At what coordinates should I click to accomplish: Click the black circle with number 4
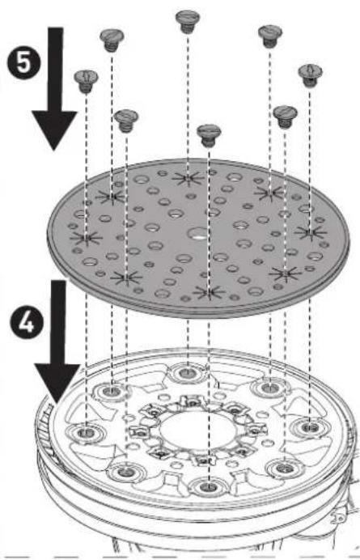26,323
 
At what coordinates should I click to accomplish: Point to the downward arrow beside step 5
55,88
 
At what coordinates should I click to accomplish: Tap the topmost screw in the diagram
188,21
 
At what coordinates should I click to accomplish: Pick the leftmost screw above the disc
86,82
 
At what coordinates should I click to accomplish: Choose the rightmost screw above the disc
311,75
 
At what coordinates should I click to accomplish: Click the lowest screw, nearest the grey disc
209,135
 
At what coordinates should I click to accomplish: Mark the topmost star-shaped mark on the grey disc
188,177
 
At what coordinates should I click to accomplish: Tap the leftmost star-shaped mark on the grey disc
86,237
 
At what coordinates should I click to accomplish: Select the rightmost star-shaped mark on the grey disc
311,233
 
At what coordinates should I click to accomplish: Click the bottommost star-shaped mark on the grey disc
209,292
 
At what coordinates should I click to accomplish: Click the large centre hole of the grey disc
198,234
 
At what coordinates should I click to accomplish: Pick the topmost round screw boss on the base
188,373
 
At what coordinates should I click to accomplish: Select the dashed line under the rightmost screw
310,159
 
